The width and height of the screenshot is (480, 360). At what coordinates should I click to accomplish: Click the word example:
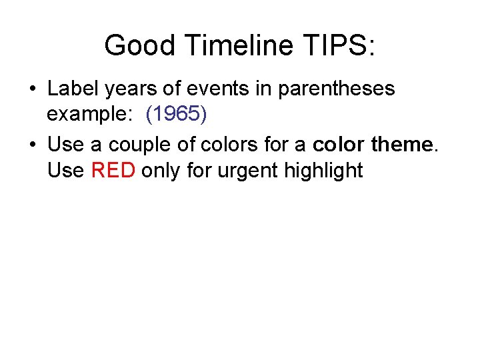(x=89, y=115)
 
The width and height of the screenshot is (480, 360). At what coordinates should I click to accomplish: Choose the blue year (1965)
(x=177, y=115)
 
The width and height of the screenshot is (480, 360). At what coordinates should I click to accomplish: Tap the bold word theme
(x=404, y=144)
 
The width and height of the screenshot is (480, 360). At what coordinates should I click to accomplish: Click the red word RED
(x=113, y=171)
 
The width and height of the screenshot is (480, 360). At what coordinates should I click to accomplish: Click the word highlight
(x=323, y=171)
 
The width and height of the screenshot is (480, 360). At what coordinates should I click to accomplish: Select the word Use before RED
(x=65, y=171)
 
